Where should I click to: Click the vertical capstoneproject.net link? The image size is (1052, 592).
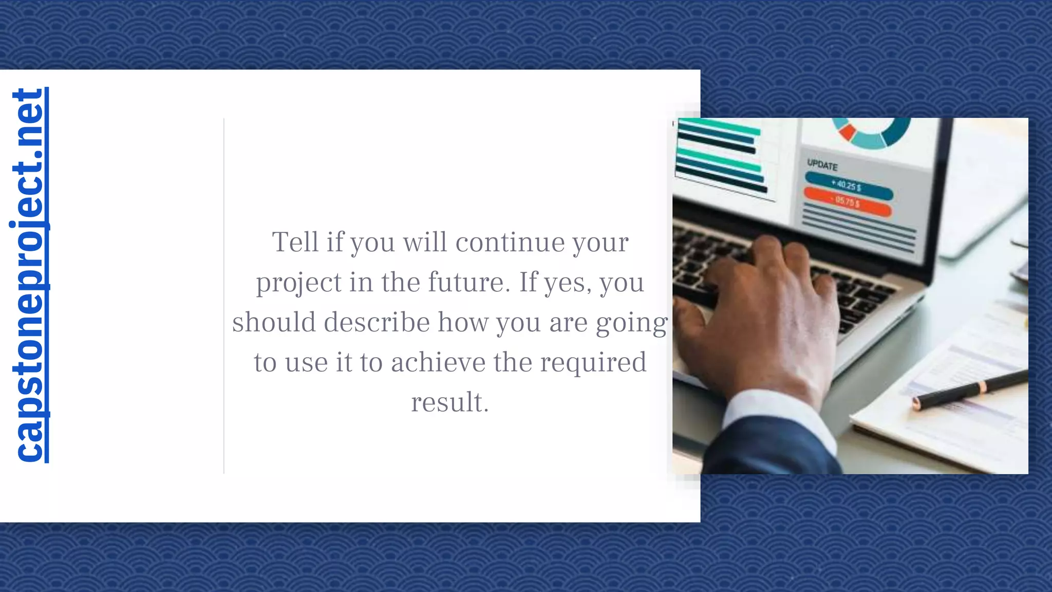click(x=29, y=275)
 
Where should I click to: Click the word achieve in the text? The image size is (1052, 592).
click(x=438, y=362)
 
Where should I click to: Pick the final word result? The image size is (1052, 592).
click(x=449, y=402)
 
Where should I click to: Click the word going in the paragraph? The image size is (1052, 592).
click(x=631, y=323)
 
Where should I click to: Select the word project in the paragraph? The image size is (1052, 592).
click(x=299, y=283)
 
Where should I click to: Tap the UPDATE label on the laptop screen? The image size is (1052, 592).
click(x=822, y=165)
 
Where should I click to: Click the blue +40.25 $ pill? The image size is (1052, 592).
click(x=848, y=186)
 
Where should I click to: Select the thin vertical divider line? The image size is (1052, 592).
click(x=224, y=295)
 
